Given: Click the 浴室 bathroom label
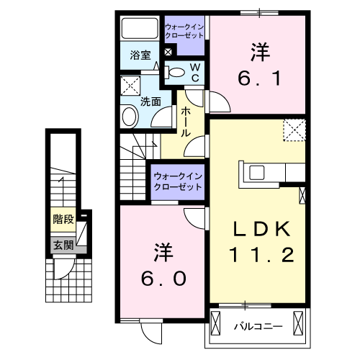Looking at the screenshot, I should (x=139, y=55).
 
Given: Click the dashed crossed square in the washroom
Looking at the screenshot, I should (x=131, y=86).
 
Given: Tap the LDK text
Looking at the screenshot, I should (x=260, y=230).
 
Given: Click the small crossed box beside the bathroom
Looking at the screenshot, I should (x=168, y=52).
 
